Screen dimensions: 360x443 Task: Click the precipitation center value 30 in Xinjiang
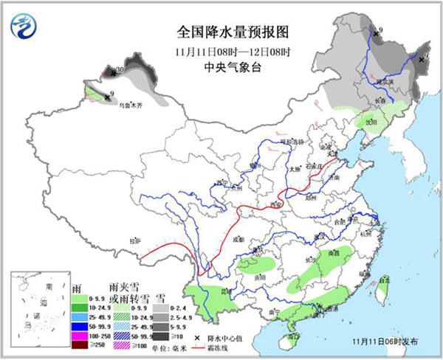coord(119,71)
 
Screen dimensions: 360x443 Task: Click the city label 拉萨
coord(134,240)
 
